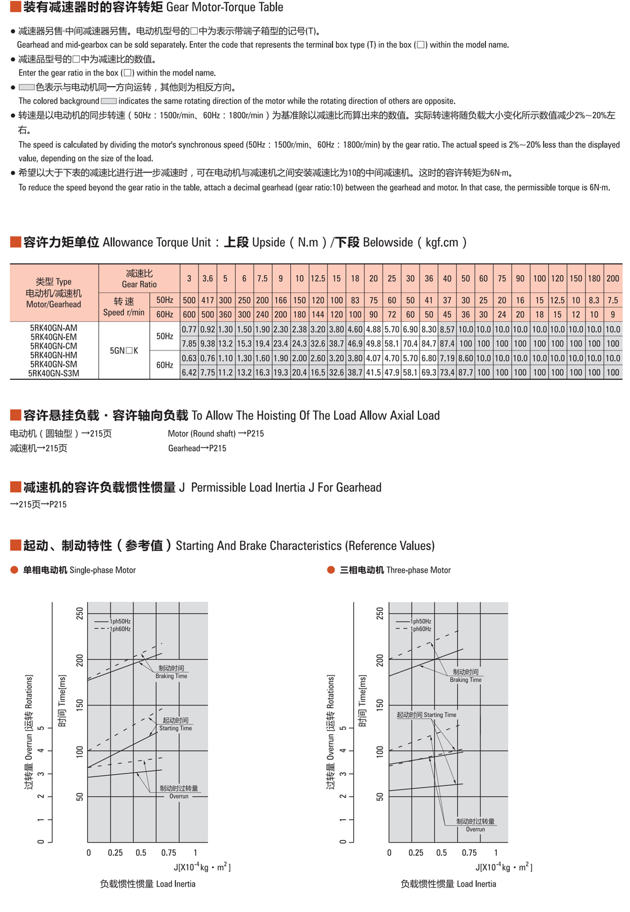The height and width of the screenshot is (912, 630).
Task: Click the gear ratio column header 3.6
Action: [x=208, y=278]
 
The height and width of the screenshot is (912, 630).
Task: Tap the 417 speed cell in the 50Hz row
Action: [x=208, y=300]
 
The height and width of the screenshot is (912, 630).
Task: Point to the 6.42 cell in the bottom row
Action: [x=189, y=372]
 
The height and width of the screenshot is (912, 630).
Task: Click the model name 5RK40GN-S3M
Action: [x=53, y=373]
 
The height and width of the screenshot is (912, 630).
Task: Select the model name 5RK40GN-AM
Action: [x=53, y=328]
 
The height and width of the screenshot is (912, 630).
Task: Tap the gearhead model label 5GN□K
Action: [x=124, y=351]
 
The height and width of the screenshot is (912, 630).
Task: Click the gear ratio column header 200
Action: [x=613, y=278]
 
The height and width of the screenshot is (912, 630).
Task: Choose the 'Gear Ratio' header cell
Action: [x=139, y=278]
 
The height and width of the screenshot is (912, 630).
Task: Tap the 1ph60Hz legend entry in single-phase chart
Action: [x=120, y=629]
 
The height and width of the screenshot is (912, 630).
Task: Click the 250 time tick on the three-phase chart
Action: [x=380, y=613]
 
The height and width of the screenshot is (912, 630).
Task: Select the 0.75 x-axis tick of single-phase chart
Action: [x=168, y=853]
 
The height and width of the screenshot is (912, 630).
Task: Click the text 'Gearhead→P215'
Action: [x=197, y=448]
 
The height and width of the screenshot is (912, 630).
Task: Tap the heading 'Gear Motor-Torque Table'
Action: [x=224, y=7]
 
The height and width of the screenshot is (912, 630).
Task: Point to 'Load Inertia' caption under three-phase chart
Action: [x=476, y=884]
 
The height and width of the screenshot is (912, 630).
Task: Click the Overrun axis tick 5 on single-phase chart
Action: [x=40, y=728]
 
